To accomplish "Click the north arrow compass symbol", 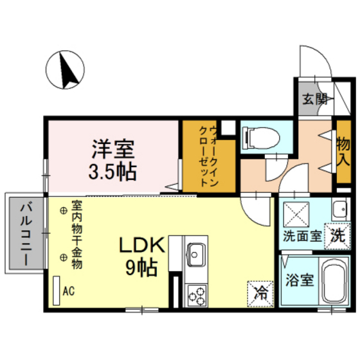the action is click(x=65, y=70).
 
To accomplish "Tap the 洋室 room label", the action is click(x=113, y=149).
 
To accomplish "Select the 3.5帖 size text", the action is click(x=113, y=172).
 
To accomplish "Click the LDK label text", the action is click(x=142, y=245).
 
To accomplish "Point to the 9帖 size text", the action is click(x=141, y=267).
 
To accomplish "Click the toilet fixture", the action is click(x=262, y=138).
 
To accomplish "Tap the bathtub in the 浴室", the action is click(x=334, y=282).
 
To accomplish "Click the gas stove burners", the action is click(x=197, y=296).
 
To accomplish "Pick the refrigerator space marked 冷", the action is click(x=261, y=294).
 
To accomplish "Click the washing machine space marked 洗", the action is click(x=337, y=237).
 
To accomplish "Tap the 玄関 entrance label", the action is click(x=315, y=100).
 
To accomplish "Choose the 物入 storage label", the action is click(x=343, y=152).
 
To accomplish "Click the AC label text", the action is click(x=69, y=291).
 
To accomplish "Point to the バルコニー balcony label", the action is click(x=26, y=235).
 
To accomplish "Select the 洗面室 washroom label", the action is click(x=302, y=237).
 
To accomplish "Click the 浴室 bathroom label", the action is click(x=300, y=280).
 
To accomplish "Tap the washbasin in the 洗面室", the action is click(x=341, y=209).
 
